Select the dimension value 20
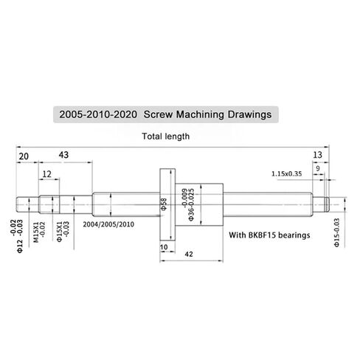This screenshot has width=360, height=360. point(24,156)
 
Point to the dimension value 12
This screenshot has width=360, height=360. point(48,174)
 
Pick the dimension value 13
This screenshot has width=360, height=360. point(318,156)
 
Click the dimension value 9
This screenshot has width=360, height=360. point(319,168)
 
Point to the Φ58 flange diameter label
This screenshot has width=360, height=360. point(167,203)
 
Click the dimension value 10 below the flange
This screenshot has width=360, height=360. point(164,246)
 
